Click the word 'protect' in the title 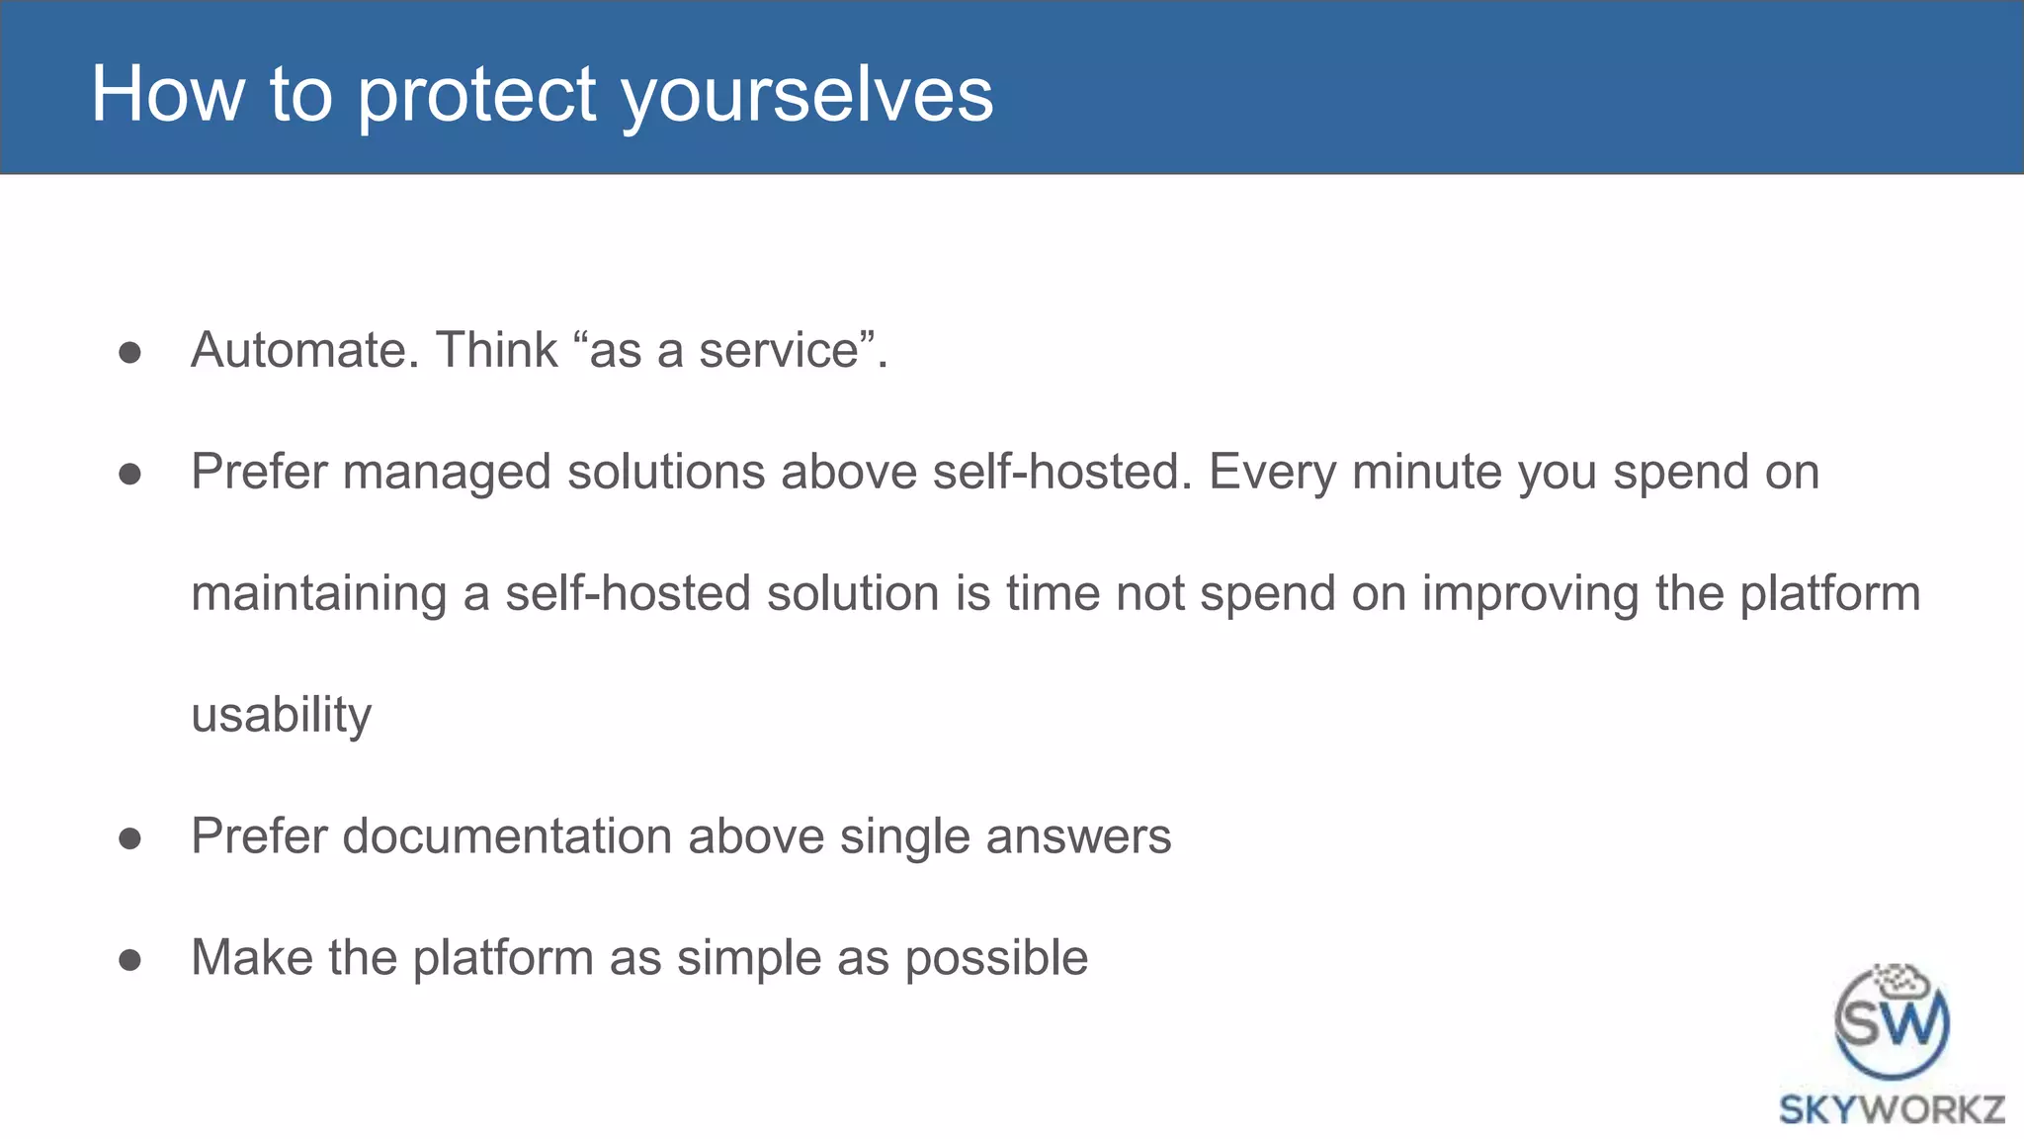pyautogui.click(x=476, y=95)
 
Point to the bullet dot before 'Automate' pyautogui.click(x=129, y=353)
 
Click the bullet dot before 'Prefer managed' pyautogui.click(x=129, y=475)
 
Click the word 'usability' pyautogui.click(x=282, y=715)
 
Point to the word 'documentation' pyautogui.click(x=507, y=836)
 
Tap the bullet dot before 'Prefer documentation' pyautogui.click(x=129, y=839)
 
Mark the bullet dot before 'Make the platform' pyautogui.click(x=129, y=960)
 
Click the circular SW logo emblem pyautogui.click(x=1892, y=1022)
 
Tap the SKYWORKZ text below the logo pyautogui.click(x=1892, y=1109)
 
